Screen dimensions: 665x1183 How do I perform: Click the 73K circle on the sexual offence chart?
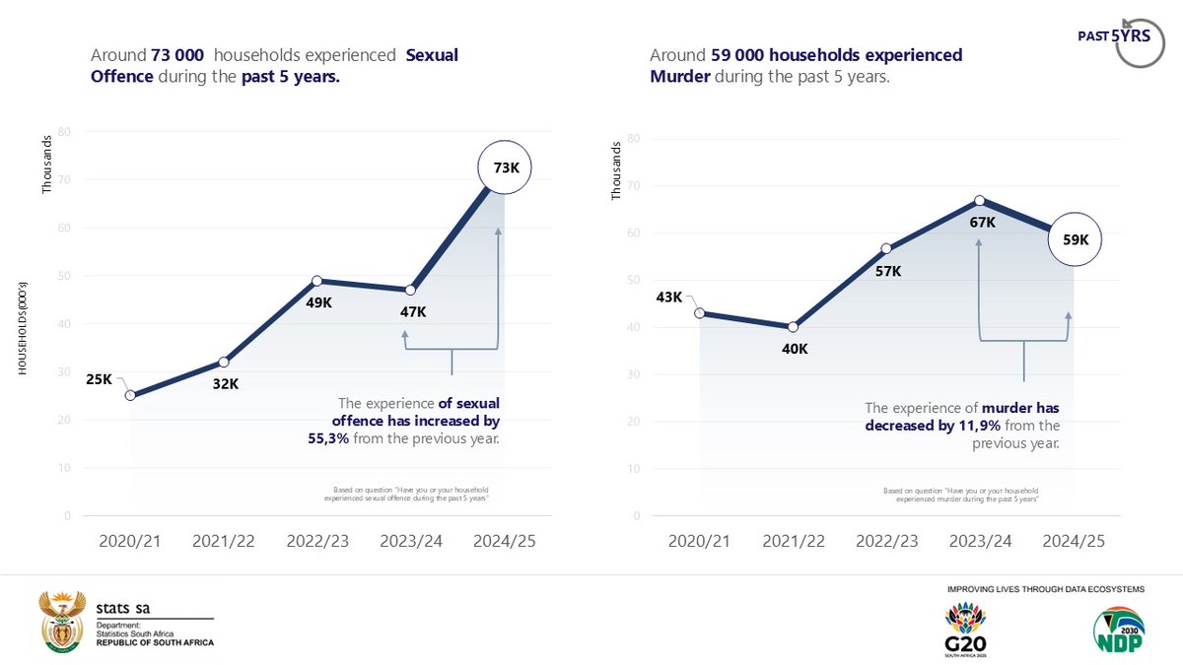tap(506, 168)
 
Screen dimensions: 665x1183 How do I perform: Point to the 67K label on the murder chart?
tap(982, 223)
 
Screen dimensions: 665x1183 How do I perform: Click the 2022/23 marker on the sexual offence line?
tap(317, 281)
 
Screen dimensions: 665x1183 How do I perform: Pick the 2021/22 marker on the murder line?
tap(794, 327)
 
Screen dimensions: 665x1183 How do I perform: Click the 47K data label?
tap(413, 311)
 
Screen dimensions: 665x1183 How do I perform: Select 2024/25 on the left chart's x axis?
tap(506, 542)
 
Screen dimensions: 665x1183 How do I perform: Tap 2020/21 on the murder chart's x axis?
tap(700, 542)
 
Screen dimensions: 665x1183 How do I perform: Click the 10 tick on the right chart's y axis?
tap(633, 469)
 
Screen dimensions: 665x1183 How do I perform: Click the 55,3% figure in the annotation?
tap(329, 438)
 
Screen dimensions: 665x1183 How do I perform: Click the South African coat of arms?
tap(60, 623)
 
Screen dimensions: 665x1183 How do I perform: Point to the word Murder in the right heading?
tap(678, 75)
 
